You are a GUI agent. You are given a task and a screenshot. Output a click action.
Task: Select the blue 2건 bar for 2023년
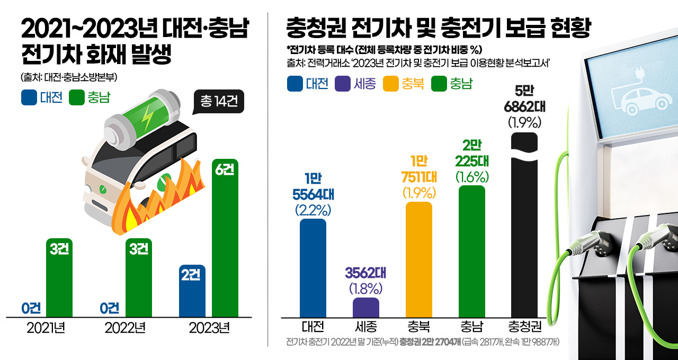(x=192, y=291)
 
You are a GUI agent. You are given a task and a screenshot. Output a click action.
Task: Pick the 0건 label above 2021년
(x=32, y=308)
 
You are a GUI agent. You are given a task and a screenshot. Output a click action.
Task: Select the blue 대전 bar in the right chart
(x=313, y=268)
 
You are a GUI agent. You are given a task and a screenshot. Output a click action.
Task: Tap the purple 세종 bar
(x=366, y=307)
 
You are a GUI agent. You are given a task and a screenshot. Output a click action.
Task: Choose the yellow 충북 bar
(x=419, y=259)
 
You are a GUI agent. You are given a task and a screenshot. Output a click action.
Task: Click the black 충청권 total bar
(x=524, y=228)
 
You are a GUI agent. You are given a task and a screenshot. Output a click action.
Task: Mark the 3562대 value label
(x=366, y=273)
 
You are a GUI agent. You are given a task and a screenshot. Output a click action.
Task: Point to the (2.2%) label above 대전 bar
(x=313, y=210)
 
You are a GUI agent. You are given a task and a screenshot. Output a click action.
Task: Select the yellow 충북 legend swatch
(x=391, y=84)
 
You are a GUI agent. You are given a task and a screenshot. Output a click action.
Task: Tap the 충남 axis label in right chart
(x=471, y=326)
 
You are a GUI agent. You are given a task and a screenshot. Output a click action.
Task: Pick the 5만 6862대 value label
(x=524, y=98)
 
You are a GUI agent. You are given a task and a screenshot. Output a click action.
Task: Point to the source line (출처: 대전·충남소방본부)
(x=69, y=77)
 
